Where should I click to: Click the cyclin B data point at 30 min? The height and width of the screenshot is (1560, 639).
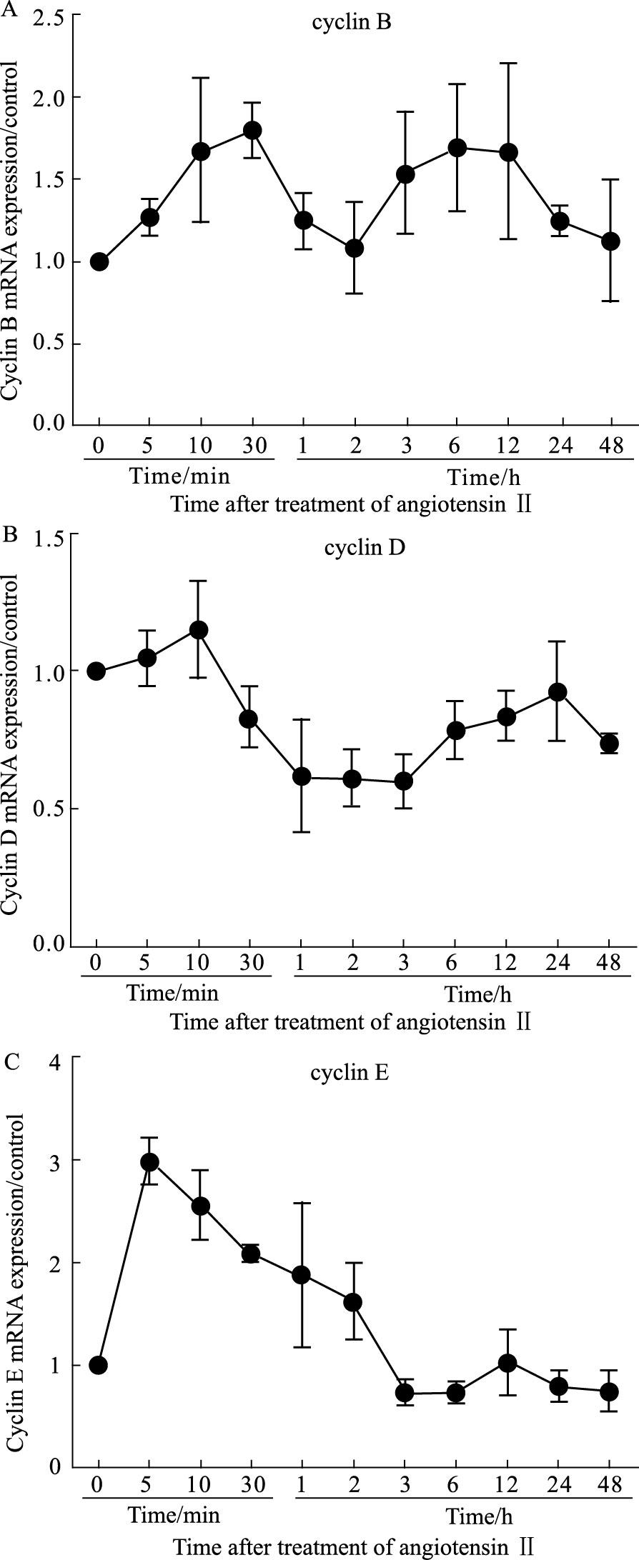252,131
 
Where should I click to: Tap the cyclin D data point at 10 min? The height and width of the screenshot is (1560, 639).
198,630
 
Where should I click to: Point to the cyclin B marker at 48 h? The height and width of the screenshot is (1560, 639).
610,241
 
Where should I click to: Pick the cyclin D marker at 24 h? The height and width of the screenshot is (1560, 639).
558,691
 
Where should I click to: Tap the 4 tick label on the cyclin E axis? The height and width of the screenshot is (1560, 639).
59,1059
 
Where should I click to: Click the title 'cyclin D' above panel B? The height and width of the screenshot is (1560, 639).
355,549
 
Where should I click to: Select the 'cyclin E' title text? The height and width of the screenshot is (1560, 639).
350,1074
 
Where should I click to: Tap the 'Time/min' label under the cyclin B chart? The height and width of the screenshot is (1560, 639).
174,476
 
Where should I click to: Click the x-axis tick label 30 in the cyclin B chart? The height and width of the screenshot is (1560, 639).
252,447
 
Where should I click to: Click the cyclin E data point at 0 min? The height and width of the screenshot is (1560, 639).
99,1365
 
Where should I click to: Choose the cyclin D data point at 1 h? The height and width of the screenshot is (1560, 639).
302,776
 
